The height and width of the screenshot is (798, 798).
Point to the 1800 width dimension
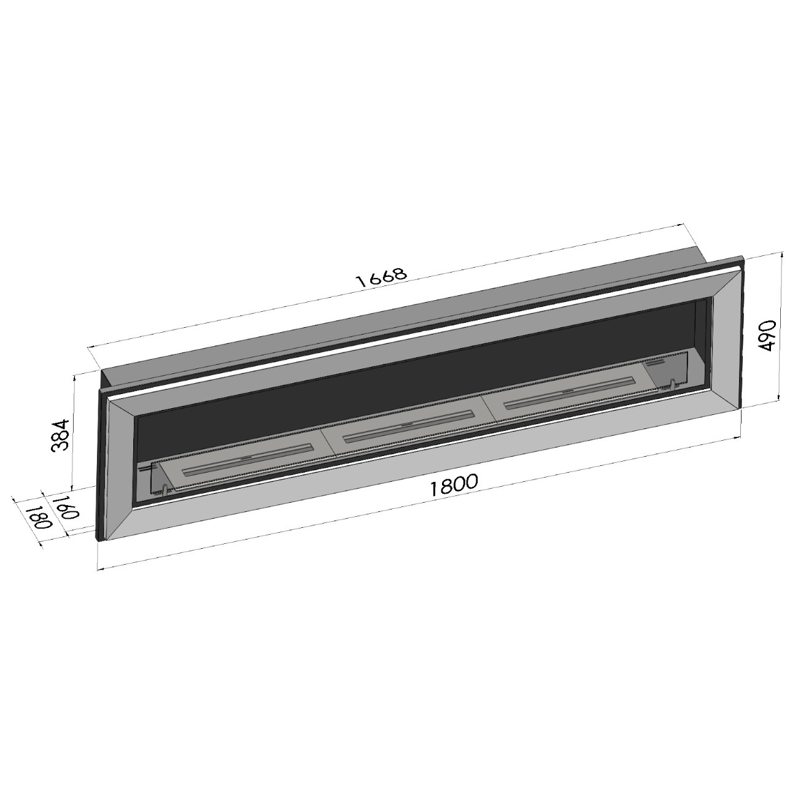pos(454,486)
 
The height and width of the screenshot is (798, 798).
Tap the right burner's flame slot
pos(569,392)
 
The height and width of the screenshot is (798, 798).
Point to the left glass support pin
pos(165,490)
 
